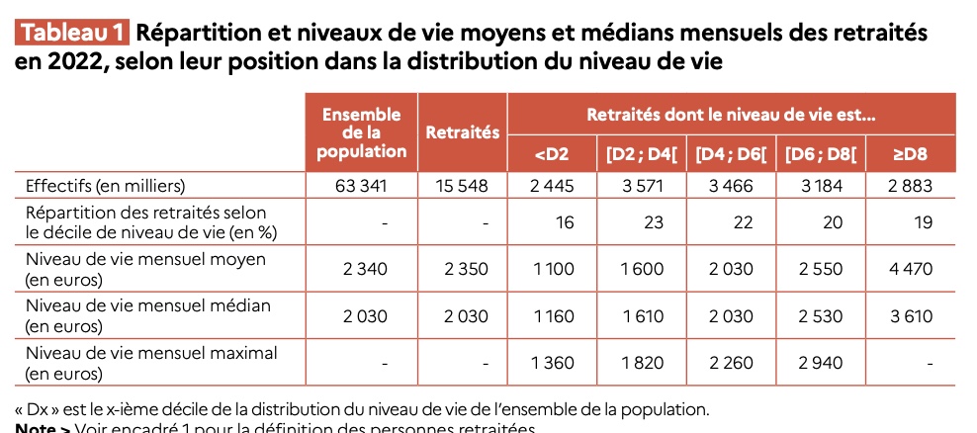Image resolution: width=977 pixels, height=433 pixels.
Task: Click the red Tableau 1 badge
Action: point(72,32)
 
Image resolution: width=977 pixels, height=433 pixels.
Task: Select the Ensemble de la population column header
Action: point(362,133)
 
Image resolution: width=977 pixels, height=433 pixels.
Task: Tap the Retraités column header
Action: point(462,133)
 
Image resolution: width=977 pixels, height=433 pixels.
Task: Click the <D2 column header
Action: point(551,153)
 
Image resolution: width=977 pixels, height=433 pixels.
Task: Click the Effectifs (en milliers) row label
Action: point(106,185)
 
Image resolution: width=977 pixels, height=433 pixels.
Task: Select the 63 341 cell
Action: point(362,185)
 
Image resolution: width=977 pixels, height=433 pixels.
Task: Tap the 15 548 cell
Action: point(462,185)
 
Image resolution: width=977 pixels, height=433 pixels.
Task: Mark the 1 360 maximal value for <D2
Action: point(552,363)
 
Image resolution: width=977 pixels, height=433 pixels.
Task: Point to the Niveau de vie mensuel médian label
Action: point(148,305)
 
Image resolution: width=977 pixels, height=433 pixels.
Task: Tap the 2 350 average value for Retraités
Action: point(462,268)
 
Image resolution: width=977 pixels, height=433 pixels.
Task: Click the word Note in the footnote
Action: point(36,428)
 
